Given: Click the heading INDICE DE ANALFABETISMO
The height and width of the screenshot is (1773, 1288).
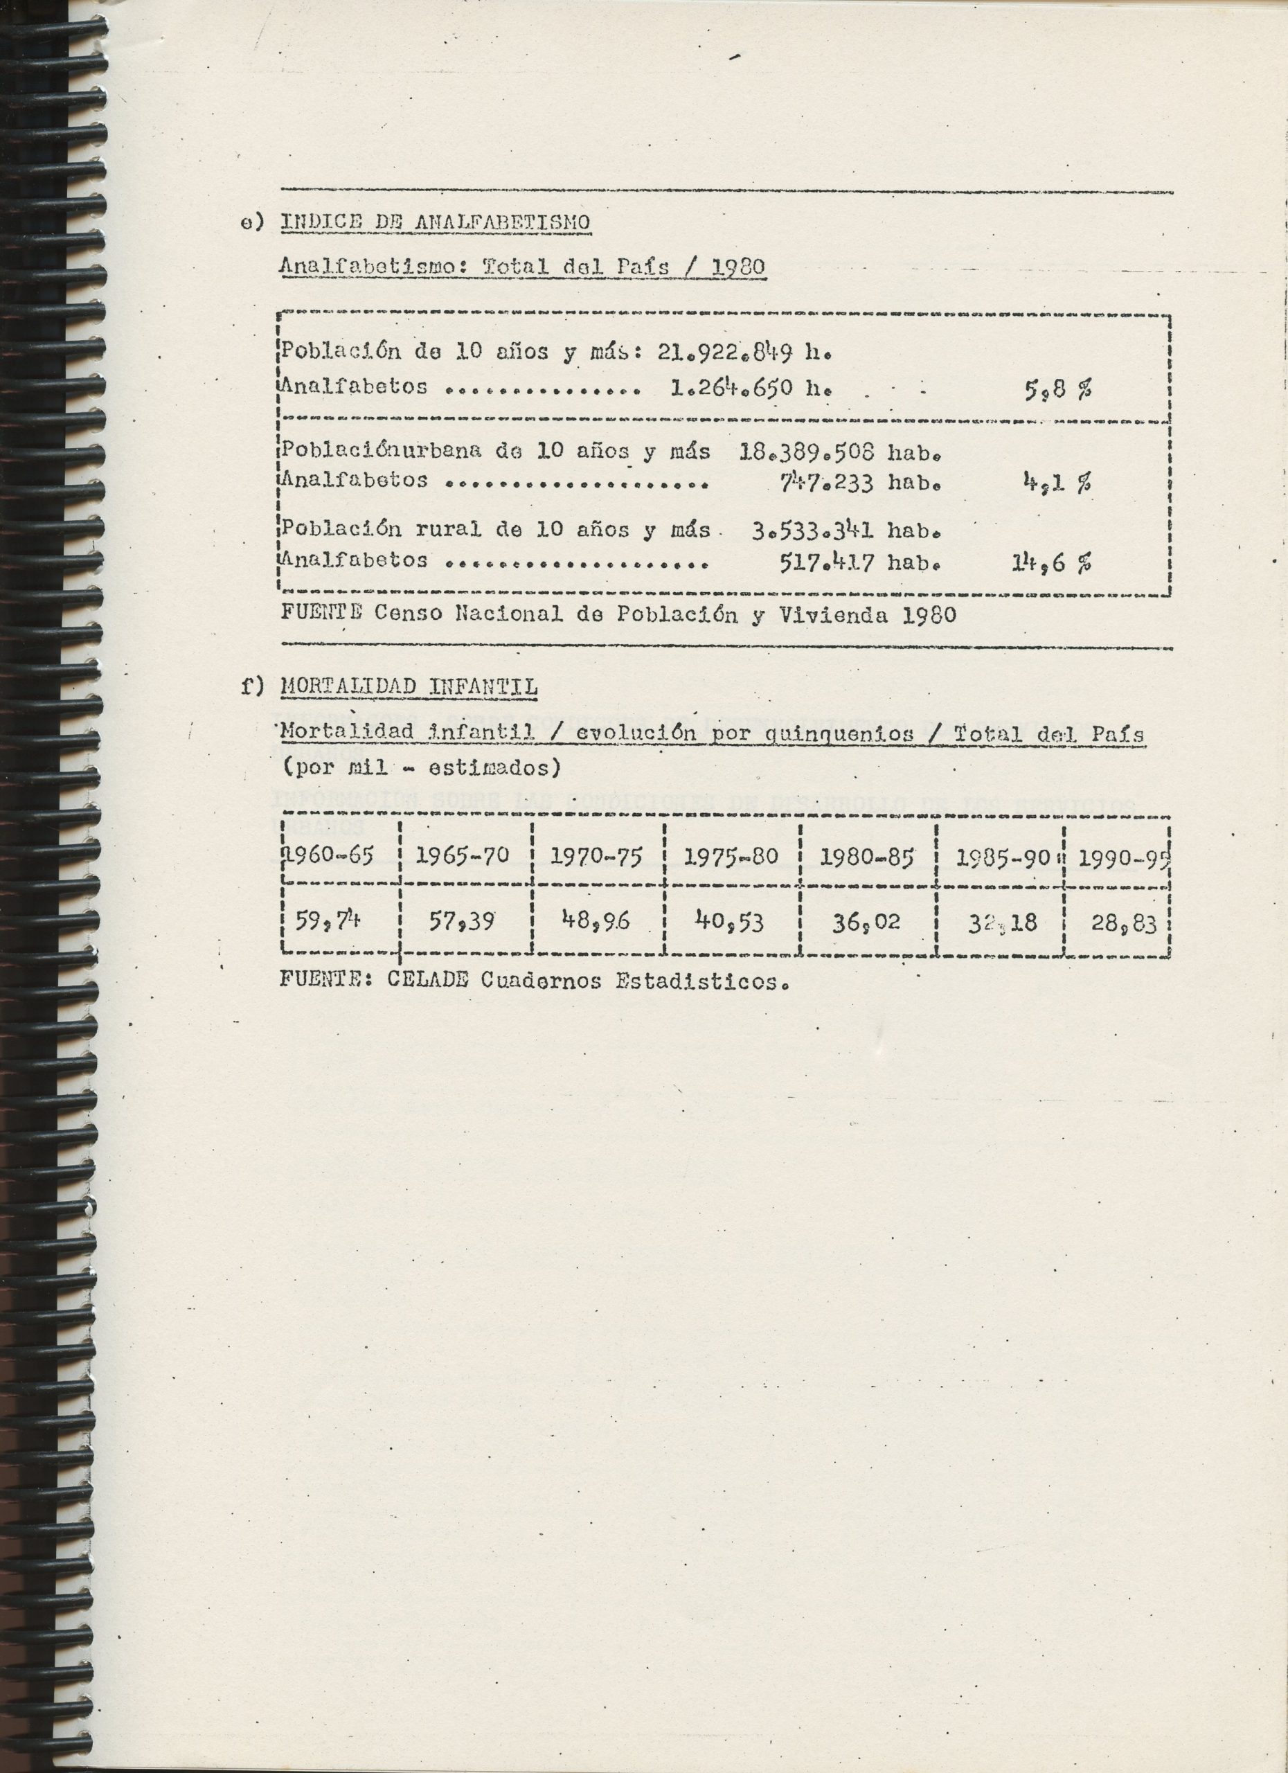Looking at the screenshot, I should click(x=435, y=223).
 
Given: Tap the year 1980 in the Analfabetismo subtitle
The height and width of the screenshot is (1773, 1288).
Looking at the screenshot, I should click(x=739, y=267).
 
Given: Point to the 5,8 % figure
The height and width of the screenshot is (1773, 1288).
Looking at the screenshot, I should click(x=1058, y=389).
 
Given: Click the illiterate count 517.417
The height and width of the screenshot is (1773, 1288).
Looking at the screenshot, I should click(x=828, y=562).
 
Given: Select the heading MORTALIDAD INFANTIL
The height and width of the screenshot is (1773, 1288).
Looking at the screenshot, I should click(x=409, y=687).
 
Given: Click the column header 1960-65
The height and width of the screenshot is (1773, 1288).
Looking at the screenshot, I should click(x=329, y=855).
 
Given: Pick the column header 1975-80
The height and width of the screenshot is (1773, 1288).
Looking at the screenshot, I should click(x=731, y=857).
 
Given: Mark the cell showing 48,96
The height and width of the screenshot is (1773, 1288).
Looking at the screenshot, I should click(x=596, y=923).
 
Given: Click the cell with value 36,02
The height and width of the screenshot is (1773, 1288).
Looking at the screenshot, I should click(x=866, y=923).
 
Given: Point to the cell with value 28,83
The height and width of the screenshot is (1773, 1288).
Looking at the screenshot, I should click(x=1123, y=924).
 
